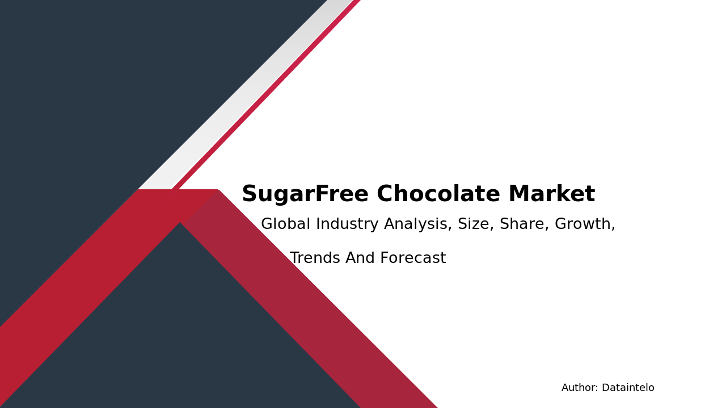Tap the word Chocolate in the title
pyautogui.click(x=438, y=195)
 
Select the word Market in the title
pyautogui.click(x=551, y=195)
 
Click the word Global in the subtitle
pyautogui.click(x=285, y=224)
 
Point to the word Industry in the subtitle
pyautogui.click(x=347, y=224)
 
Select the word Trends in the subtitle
pyautogui.click(x=315, y=258)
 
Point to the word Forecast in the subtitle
pyautogui.click(x=413, y=258)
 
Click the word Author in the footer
pyautogui.click(x=579, y=388)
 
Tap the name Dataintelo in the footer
pyautogui.click(x=628, y=388)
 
